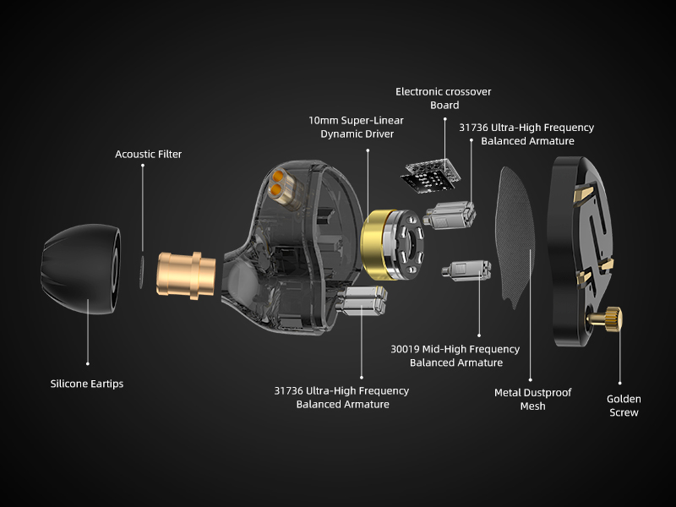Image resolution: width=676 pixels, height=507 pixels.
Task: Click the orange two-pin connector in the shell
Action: point(280,183)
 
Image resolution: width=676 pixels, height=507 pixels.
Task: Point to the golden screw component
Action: point(607,320)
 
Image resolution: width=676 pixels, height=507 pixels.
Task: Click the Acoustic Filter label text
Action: point(148,155)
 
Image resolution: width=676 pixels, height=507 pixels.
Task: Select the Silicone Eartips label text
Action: point(86,384)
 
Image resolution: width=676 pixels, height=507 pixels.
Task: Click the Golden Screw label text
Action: point(623,406)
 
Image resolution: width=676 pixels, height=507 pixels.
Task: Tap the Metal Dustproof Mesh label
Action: point(532,399)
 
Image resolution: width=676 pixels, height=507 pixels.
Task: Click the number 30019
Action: point(408,349)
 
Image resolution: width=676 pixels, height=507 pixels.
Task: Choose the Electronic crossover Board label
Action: point(444,98)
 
